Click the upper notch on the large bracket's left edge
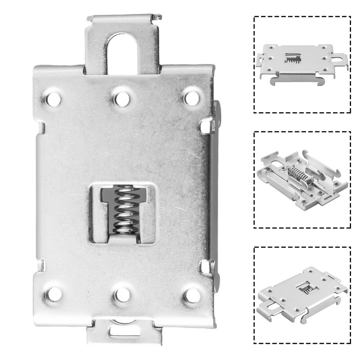(41, 127)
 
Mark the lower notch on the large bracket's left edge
(41, 266)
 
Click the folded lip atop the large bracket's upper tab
(122, 17)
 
